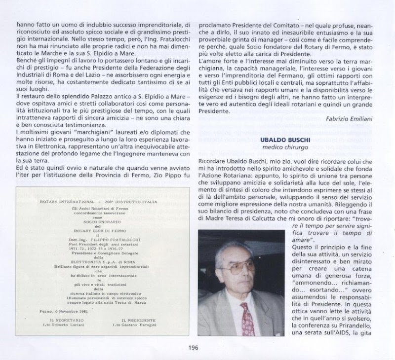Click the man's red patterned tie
[x=247, y=319]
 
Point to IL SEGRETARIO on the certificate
[x=61, y=320]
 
